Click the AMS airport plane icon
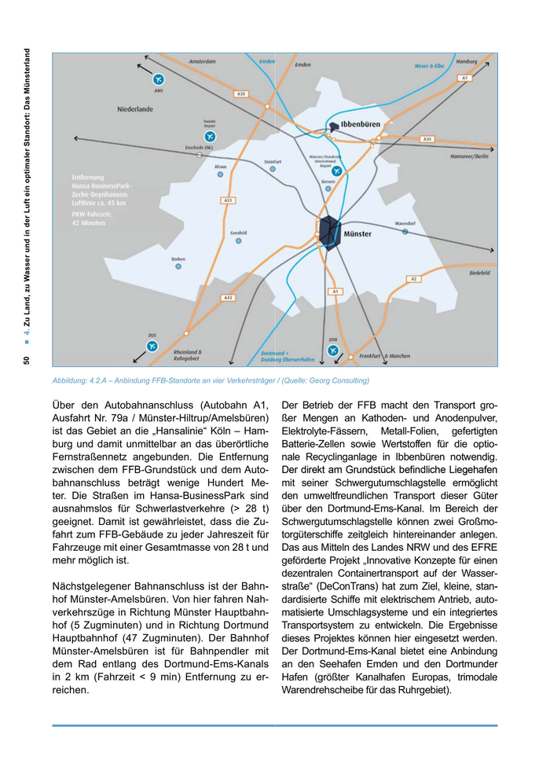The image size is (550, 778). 159,79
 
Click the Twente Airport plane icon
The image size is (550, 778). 210,136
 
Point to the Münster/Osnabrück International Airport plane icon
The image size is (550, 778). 336,171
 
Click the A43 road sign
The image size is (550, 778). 228,298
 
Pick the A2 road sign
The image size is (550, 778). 413,278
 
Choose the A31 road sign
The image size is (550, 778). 228,200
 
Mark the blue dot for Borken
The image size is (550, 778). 178,267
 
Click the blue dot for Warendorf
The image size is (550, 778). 405,232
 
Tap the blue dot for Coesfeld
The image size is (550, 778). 238,242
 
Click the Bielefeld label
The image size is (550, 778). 479,273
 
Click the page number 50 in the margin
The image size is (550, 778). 27,360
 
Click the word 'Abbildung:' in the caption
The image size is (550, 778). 71,380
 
